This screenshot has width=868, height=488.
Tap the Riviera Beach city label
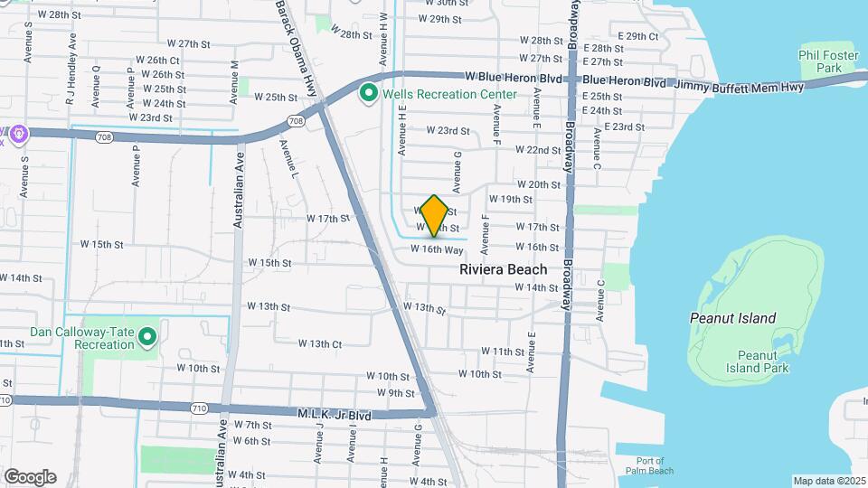[503, 269]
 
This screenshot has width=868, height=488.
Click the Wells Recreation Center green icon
[368, 93]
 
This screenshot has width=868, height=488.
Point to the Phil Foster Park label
[821, 61]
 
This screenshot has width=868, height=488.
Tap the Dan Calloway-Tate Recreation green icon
[148, 337]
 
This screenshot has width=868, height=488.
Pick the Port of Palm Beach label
[648, 465]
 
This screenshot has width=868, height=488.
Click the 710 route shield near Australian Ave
[200, 408]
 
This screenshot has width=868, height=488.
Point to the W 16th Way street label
[437, 249]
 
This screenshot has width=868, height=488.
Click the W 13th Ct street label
[320, 343]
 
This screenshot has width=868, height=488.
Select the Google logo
[30, 476]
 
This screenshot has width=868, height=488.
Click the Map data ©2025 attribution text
[829, 481]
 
